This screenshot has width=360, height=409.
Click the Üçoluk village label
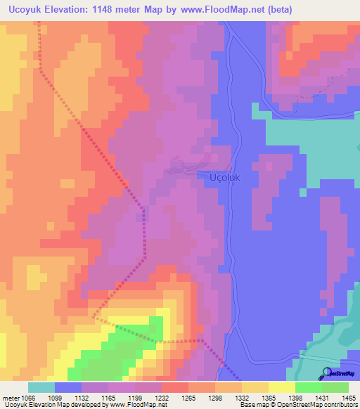tap(225, 178)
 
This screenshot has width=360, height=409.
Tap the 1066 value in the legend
tap(28, 397)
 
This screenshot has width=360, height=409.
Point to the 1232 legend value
tap(161, 397)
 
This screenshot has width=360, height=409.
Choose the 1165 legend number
tap(108, 397)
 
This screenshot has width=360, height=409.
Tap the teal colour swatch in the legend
tap(41, 387)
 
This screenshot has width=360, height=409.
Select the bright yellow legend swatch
tap(282, 387)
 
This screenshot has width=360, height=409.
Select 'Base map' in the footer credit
tap(253, 405)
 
